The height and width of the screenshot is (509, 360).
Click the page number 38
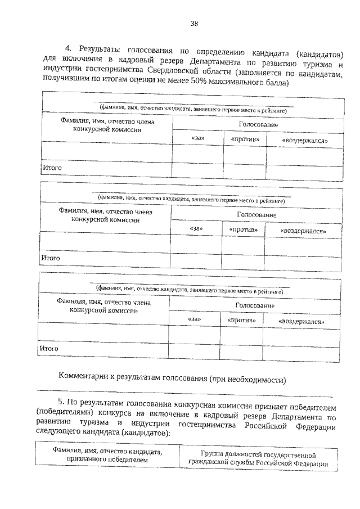pyautogui.click(x=194, y=23)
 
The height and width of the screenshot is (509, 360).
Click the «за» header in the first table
pyautogui.click(x=198, y=138)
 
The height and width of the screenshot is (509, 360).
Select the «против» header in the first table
pyautogui.click(x=245, y=139)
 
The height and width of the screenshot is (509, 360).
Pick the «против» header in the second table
pyautogui.click(x=243, y=229)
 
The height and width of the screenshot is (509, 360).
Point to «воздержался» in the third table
pyautogui.click(x=303, y=321)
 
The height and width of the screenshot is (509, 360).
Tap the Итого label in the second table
pyautogui.click(x=50, y=258)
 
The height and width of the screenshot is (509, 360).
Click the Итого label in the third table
pyautogui.click(x=49, y=349)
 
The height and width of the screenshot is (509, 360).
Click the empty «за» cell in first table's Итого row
pyautogui.click(x=198, y=168)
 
